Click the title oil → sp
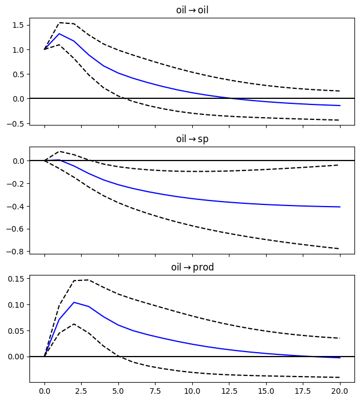pyautogui.click(x=192, y=138)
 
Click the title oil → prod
pyautogui.click(x=192, y=267)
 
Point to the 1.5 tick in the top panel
pyautogui.click(x=18, y=25)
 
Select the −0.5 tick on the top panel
pyautogui.click(x=16, y=123)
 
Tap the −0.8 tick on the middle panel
pyautogui.click(x=16, y=252)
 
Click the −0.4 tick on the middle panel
pyautogui.click(x=16, y=207)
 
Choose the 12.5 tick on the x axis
pyautogui.click(x=229, y=390)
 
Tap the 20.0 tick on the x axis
pyautogui.click(x=339, y=390)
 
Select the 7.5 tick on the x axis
pyautogui.click(x=155, y=390)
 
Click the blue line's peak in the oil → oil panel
pyautogui.click(x=59, y=34)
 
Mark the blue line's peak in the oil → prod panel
pyautogui.click(x=74, y=302)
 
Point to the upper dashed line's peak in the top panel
pyautogui.click(x=59, y=23)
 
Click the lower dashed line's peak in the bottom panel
pyautogui.click(x=74, y=324)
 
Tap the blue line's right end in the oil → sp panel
pyautogui.click(x=339, y=207)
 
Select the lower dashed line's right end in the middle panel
pyautogui.click(x=339, y=249)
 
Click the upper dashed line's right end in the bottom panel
pyautogui.click(x=339, y=338)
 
